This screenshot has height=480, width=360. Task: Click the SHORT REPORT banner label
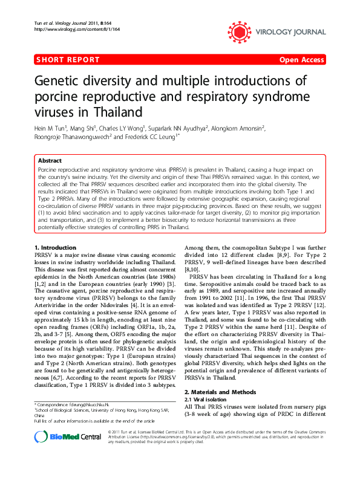[x=68, y=60]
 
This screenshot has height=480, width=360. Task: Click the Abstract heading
[x=50, y=161]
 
